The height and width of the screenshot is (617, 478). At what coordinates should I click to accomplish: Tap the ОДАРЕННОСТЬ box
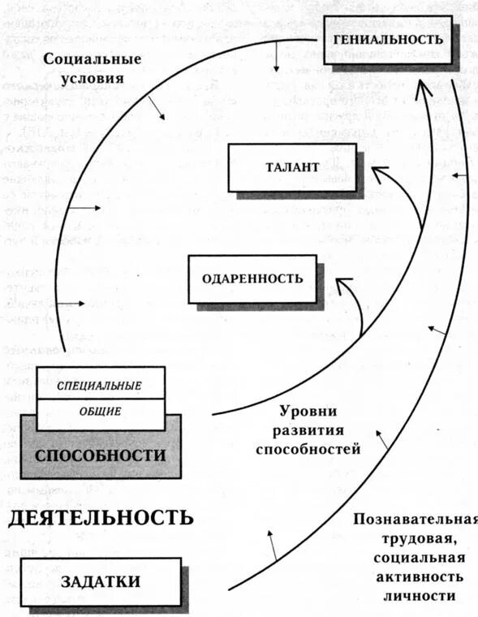click(x=252, y=278)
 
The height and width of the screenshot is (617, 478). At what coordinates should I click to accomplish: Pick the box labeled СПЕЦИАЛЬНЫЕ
click(x=100, y=384)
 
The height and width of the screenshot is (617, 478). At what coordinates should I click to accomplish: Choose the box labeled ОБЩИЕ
click(x=100, y=411)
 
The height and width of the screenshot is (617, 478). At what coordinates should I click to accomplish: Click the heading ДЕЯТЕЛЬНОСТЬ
click(x=101, y=517)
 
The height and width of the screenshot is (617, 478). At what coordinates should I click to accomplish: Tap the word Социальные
click(x=93, y=59)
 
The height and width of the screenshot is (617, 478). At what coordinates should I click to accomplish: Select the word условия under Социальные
click(x=93, y=80)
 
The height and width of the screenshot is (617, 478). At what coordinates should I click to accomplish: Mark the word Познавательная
click(x=415, y=520)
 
